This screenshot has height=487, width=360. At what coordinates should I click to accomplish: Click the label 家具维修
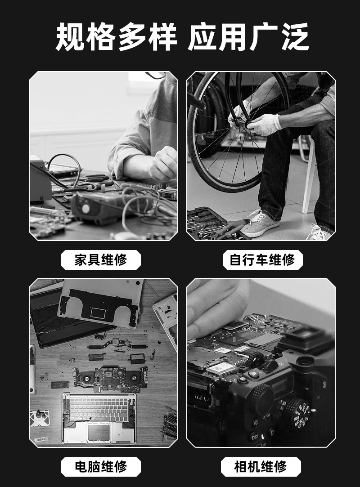[100, 259]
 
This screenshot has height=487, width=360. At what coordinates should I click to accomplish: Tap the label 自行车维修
[262, 259]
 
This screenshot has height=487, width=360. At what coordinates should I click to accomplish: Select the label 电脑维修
[100, 466]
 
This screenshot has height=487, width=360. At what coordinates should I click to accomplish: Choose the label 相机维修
[261, 466]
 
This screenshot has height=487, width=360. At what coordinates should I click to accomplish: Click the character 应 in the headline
[202, 37]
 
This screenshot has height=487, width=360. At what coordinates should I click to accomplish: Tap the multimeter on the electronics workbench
[103, 206]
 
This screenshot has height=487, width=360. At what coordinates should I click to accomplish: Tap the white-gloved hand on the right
[264, 124]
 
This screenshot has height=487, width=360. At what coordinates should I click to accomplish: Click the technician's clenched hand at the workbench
[164, 163]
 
